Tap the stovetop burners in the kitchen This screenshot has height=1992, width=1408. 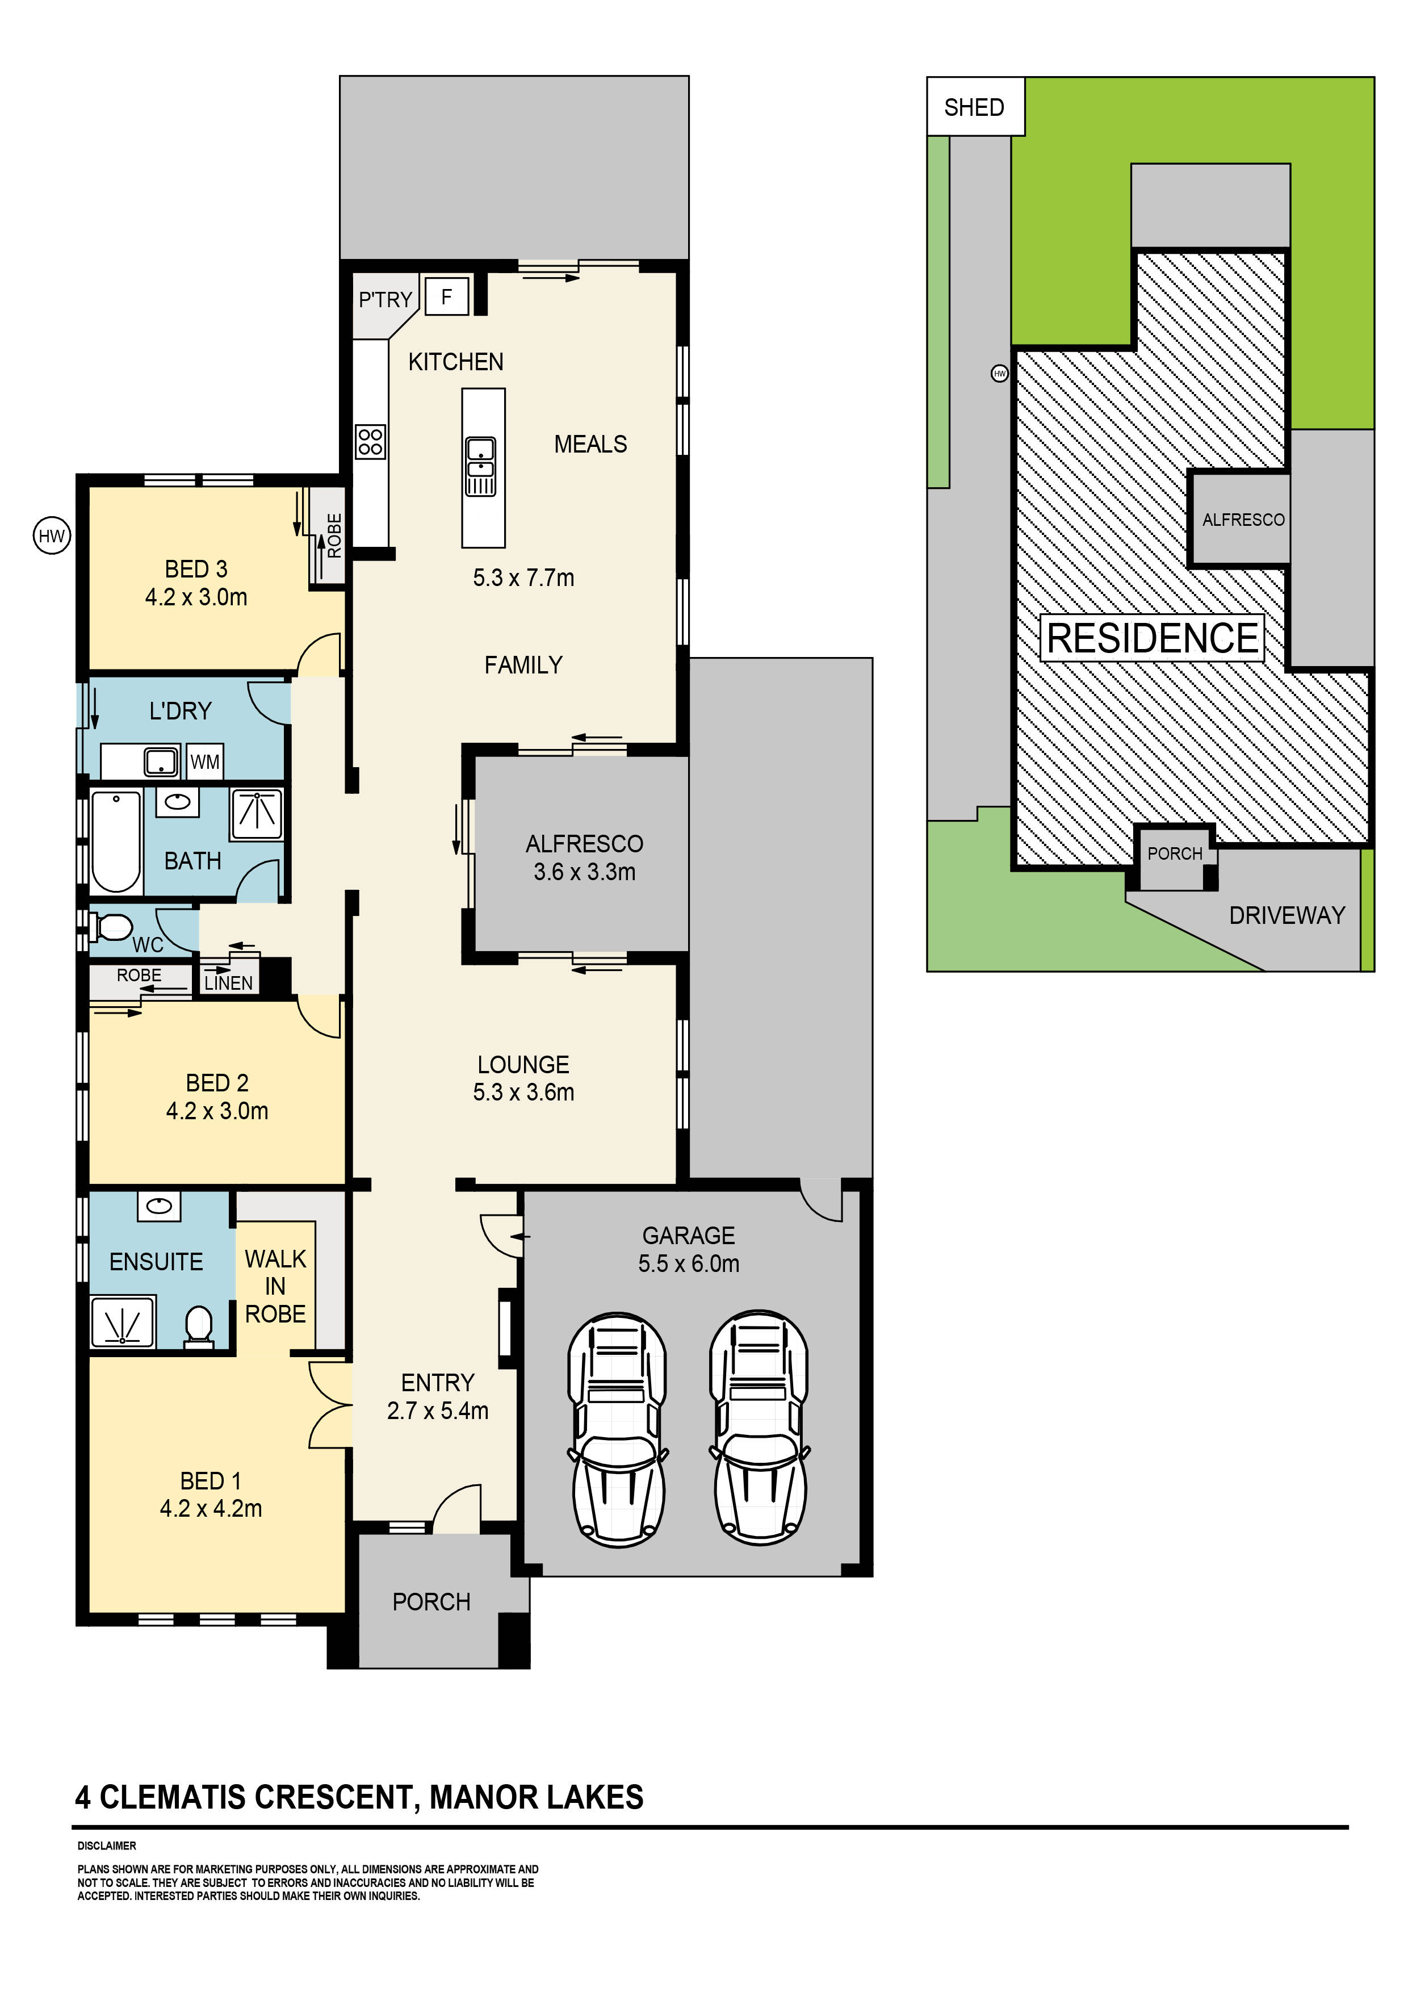[x=370, y=441]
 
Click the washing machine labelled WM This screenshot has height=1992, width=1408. [x=205, y=761]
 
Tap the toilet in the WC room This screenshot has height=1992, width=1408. [x=110, y=927]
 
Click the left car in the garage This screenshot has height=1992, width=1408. [x=617, y=1429]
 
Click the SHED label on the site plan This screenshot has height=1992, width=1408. [x=974, y=107]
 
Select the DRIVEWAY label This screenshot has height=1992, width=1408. [x=1287, y=915]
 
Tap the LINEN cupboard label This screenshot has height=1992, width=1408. [x=229, y=983]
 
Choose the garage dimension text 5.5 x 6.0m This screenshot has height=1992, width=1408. [x=689, y=1263]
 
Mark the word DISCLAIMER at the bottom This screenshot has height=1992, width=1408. [x=107, y=1845]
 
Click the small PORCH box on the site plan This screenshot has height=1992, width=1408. [x=1175, y=855]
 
